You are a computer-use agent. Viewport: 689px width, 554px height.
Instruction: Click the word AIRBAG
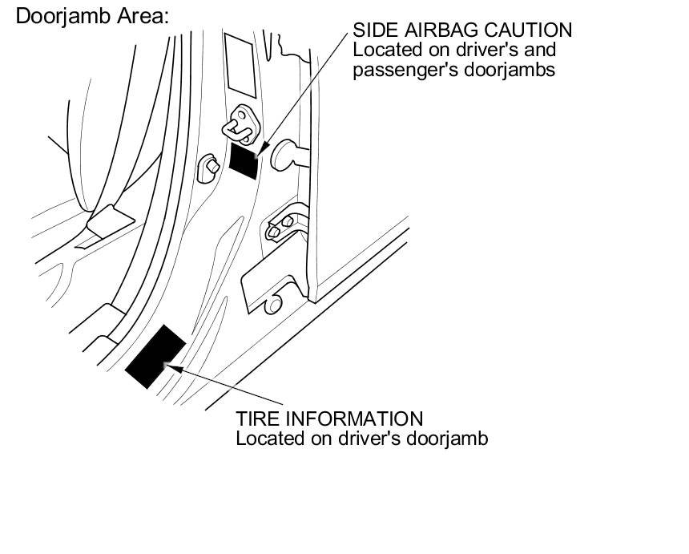437,30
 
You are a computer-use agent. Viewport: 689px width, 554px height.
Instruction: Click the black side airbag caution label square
244,159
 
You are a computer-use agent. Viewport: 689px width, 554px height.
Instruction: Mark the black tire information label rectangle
156,356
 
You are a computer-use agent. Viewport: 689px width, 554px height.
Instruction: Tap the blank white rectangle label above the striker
240,65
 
